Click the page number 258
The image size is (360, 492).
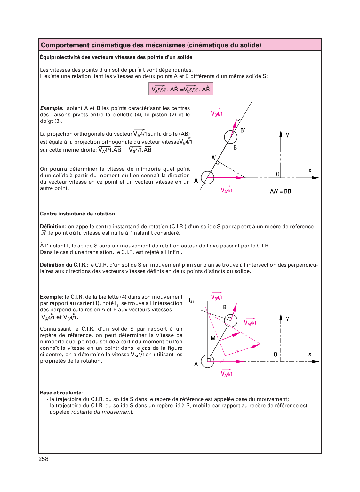point(44,459)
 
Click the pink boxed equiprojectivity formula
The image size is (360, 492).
point(181,89)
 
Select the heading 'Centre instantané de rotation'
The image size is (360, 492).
point(77,214)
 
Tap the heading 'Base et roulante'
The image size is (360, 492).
point(61,393)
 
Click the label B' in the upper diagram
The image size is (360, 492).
point(243,130)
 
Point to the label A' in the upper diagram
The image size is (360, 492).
point(213,158)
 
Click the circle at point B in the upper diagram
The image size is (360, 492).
point(231,137)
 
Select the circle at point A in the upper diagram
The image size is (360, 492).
point(207,177)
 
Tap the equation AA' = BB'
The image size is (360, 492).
point(281,191)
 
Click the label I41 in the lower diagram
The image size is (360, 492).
point(191,301)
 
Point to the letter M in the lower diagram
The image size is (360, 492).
point(213,338)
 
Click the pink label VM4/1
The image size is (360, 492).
point(250,323)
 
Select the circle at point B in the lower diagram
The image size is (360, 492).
point(231,321)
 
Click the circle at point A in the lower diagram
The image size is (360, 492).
point(208,361)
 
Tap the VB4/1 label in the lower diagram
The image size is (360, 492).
point(217,297)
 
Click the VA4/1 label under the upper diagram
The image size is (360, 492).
point(227,191)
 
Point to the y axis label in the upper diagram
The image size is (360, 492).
point(287,135)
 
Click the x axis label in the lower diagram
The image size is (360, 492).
point(310,354)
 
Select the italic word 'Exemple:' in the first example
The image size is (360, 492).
point(52,108)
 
